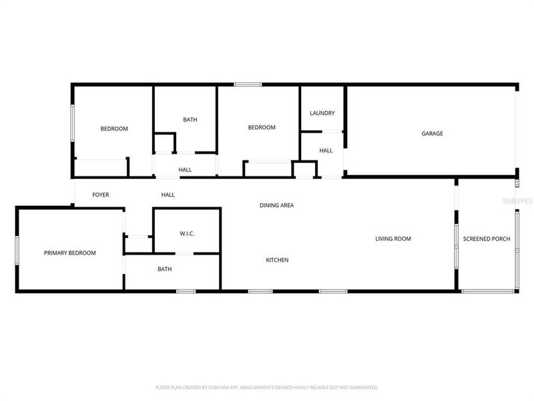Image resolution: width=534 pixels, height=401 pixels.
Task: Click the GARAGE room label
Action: coord(432,134)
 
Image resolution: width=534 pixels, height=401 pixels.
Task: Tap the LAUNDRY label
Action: coord(322,114)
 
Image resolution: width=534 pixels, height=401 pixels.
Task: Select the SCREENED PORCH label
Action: coord(487,239)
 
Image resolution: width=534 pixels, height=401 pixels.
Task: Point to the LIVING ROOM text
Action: coord(392,239)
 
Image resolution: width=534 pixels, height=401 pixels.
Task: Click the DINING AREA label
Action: coord(276,205)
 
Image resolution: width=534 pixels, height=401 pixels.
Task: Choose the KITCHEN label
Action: coord(277,260)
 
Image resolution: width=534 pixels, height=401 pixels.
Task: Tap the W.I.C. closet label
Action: coord(186,234)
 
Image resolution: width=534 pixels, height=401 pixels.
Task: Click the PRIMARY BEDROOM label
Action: coord(69,253)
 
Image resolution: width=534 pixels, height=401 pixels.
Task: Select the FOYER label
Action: coord(100,195)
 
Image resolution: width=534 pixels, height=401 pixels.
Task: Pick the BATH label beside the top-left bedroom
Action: coord(190,120)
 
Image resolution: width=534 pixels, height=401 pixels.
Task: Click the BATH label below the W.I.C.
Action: coord(165,269)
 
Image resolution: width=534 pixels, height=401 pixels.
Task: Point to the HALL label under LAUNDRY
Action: coord(326,151)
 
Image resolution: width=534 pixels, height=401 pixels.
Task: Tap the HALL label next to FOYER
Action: coord(168,195)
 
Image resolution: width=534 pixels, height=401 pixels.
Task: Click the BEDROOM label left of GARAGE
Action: coord(262,128)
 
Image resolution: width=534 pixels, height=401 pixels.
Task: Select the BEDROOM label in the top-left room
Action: coord(114,129)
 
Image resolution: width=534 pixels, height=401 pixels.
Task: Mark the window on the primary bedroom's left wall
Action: coord(18,248)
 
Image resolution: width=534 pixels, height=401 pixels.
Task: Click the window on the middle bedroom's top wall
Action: coord(247,84)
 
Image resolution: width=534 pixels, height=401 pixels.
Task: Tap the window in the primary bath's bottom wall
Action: coord(186,291)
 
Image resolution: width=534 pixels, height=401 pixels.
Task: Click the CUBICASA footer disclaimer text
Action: coord(266,387)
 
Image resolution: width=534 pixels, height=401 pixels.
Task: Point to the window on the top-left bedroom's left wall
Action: coord(73,122)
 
